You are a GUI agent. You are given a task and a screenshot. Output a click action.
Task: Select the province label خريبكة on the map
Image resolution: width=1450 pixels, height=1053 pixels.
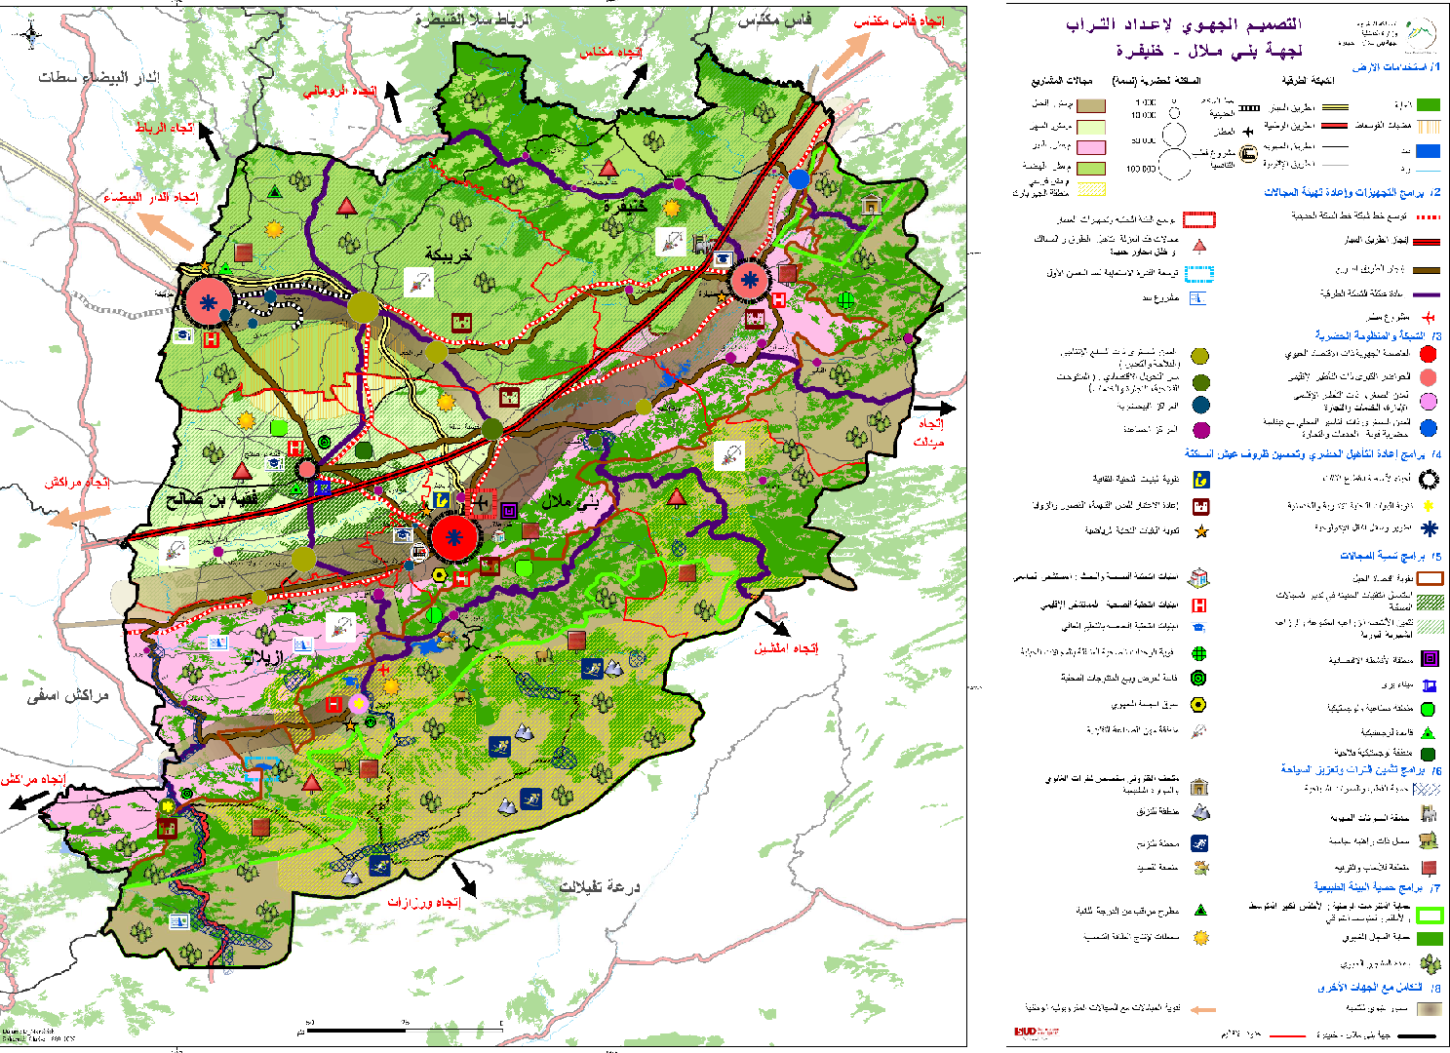click(x=448, y=254)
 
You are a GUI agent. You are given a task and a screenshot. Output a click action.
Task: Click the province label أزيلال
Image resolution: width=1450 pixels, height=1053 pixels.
click(x=263, y=658)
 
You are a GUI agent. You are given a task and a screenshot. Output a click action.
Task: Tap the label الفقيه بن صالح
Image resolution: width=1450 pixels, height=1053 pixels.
click(x=213, y=498)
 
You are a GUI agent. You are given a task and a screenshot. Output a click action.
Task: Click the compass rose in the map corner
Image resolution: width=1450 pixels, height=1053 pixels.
click(x=31, y=37)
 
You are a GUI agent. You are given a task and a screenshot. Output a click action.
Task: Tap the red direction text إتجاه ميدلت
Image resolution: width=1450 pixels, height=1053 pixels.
click(x=929, y=433)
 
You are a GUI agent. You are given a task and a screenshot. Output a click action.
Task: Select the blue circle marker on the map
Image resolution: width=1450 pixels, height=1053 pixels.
click(x=800, y=178)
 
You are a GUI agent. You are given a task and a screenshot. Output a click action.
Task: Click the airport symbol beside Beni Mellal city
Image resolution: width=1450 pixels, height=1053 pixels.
click(x=480, y=504)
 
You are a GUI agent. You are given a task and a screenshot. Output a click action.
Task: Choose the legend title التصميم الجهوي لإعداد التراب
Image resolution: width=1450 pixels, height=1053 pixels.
click(x=1184, y=25)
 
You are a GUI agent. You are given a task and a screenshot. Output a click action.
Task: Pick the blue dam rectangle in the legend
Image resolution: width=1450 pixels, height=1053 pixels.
click(x=1428, y=151)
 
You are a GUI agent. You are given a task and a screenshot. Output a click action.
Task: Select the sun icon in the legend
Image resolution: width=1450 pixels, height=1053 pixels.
click(x=1201, y=937)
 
